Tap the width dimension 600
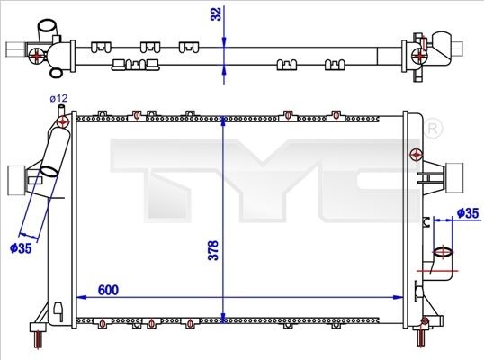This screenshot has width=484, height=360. [x=108, y=290]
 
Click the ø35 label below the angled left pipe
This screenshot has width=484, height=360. [x=21, y=247]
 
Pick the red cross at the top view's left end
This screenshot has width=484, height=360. [x=36, y=56]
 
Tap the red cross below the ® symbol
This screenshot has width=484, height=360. [x=416, y=154]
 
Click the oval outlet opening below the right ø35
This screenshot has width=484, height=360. [x=443, y=253]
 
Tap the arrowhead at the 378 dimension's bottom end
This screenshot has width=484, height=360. [x=224, y=315]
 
